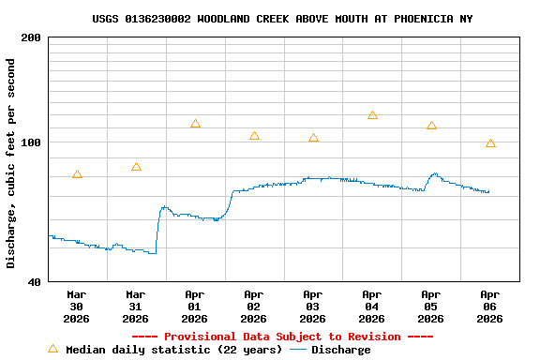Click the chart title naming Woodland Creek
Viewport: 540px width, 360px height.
click(282, 19)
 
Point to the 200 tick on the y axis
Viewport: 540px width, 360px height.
click(31, 37)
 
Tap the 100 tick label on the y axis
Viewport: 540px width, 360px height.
click(31, 142)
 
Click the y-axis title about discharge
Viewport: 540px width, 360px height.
click(11, 163)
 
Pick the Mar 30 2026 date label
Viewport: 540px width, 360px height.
click(77, 306)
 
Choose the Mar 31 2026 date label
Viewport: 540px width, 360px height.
click(136, 306)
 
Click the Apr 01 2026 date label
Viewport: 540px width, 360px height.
click(195, 306)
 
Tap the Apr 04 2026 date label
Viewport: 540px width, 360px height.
click(372, 306)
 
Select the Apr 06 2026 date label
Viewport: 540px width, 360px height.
click(489, 306)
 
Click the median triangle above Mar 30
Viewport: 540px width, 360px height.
click(77, 174)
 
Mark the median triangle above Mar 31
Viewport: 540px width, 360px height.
click(136, 167)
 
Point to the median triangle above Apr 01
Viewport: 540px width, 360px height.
click(195, 124)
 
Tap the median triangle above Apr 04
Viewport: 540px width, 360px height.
click(372, 115)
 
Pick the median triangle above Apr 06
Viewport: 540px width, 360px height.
click(490, 143)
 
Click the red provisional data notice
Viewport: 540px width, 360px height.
click(282, 337)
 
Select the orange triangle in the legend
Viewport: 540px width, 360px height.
click(52, 349)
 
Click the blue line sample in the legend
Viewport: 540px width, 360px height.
click(298, 350)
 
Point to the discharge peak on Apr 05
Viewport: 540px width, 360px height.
click(434, 173)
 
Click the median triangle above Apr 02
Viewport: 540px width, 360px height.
click(254, 136)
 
